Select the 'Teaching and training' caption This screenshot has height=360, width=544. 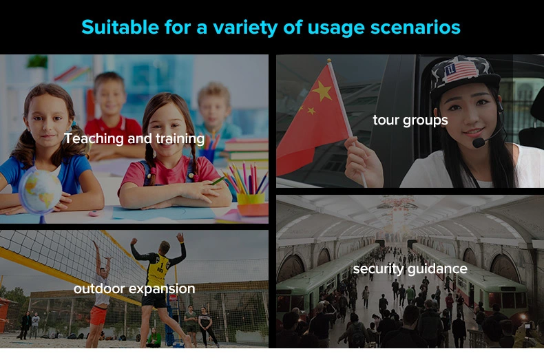click(134, 139)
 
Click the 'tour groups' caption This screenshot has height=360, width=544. click(410, 120)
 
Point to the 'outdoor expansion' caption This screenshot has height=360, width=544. click(134, 288)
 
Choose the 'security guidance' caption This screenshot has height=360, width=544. click(410, 268)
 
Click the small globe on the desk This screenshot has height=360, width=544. click(40, 190)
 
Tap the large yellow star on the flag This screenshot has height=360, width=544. click(322, 91)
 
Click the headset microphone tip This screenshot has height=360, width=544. click(479, 142)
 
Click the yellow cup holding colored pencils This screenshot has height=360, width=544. click(251, 199)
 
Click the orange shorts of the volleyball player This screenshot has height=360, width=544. click(98, 315)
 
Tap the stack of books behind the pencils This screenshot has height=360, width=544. click(247, 150)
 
